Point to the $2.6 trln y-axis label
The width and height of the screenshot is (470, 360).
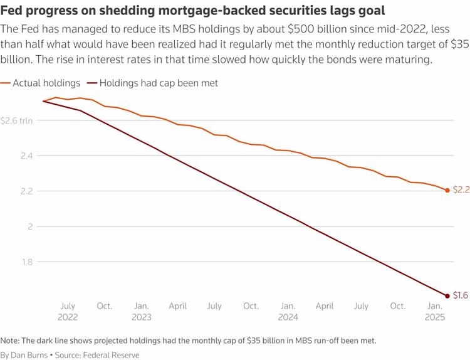coord(16,120)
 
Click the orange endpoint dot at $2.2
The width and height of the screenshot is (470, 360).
coord(447,190)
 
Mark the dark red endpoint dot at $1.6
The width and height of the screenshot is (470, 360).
coord(447,295)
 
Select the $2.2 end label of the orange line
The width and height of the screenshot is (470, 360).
coord(461,189)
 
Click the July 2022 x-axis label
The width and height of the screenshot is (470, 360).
coord(68,312)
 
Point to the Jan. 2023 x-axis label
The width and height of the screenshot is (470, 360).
coord(141,312)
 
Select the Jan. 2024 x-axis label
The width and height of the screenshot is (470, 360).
coord(288,312)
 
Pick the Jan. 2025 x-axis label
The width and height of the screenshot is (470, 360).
coord(434,312)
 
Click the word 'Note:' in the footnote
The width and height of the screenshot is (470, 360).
coord(11,340)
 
